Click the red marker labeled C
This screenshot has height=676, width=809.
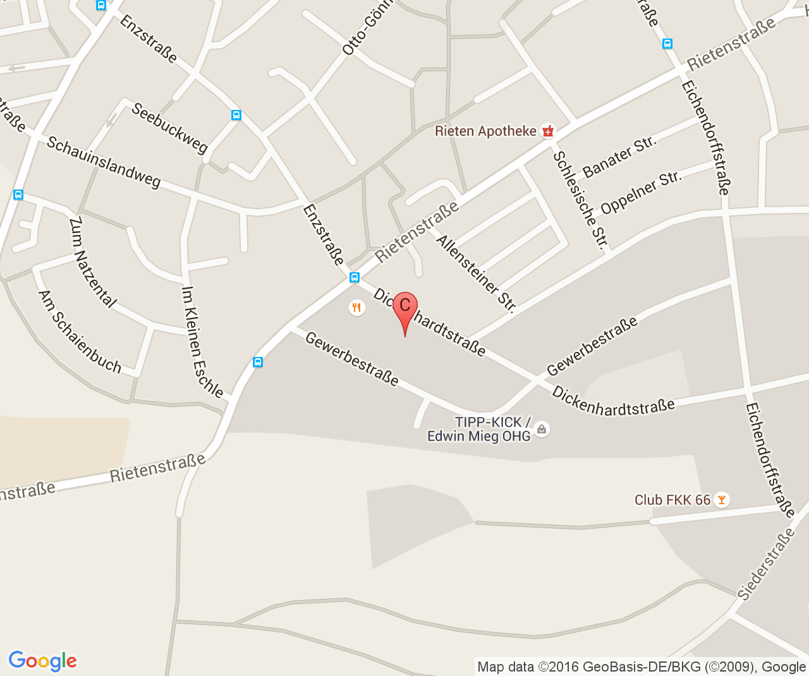tap(405, 308)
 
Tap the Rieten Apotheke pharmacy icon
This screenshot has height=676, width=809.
tap(548, 131)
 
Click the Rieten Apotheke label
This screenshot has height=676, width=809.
tap(485, 131)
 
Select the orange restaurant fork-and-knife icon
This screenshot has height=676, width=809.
tap(357, 308)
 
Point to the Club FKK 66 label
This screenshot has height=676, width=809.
tap(672, 500)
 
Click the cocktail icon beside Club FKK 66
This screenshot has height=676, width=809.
tap(721, 500)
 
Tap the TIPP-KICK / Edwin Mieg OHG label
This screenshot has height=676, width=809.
tap(479, 429)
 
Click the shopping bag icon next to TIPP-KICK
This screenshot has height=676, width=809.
tap(542, 429)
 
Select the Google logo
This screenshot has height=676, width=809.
tap(42, 661)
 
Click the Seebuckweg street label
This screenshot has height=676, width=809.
tap(169, 128)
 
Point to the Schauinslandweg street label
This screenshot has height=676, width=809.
tap(104, 162)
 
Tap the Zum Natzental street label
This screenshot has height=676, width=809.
tap(92, 262)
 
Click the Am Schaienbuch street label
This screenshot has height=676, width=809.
tap(80, 331)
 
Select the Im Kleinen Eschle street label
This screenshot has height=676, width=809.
tap(202, 342)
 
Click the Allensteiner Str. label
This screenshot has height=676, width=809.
tap(476, 274)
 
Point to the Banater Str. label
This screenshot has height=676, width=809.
tap(619, 156)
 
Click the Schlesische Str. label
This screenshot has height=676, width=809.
tap(581, 200)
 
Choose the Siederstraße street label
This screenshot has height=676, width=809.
tap(766, 564)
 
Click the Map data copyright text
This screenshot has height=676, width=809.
tap(641, 667)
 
